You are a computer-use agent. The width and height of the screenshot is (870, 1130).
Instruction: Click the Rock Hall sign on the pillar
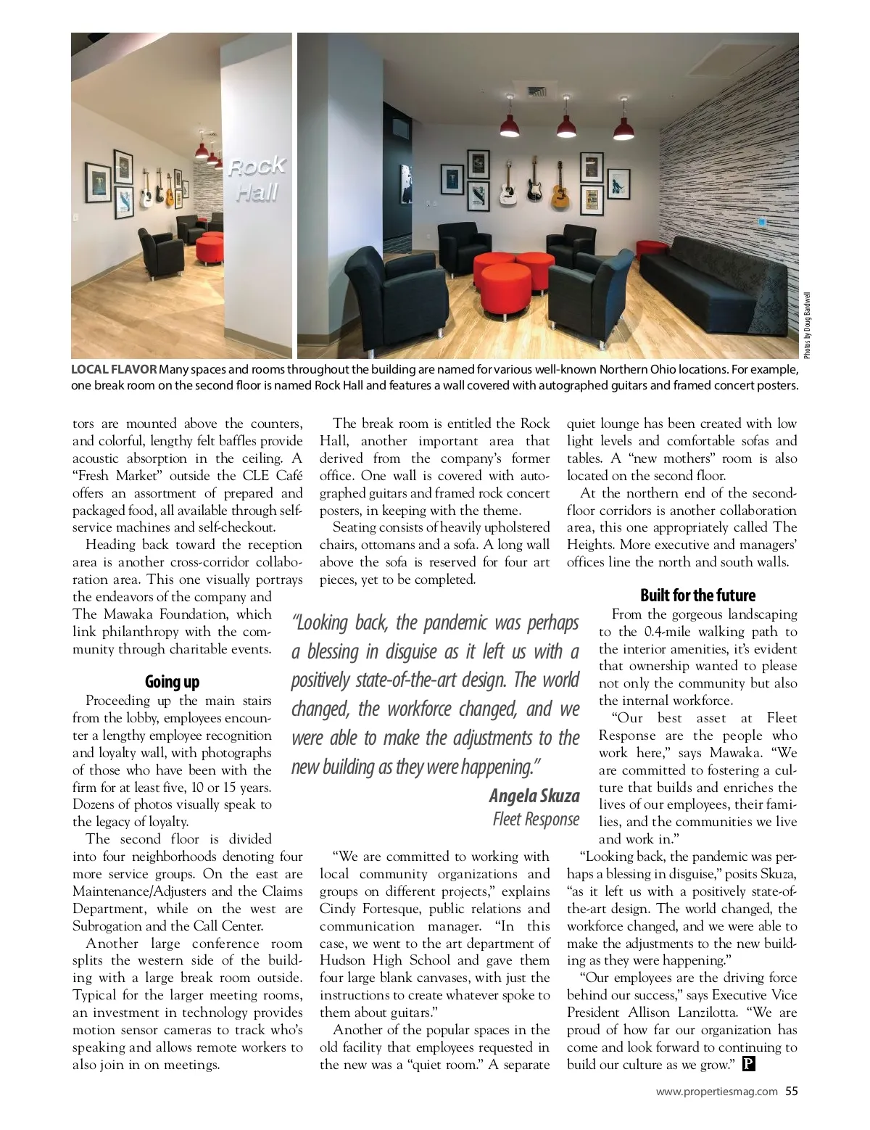(257, 179)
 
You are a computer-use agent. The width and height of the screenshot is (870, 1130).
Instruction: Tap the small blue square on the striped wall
(761, 223)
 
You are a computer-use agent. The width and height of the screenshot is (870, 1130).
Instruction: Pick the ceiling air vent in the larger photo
(536, 92)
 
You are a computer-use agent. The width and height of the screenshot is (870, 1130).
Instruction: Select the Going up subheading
(172, 682)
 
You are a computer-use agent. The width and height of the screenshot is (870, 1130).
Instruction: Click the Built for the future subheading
(697, 595)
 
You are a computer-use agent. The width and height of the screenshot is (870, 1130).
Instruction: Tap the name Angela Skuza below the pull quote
(534, 796)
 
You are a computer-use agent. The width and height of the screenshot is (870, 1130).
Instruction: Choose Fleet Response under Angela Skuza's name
(536, 819)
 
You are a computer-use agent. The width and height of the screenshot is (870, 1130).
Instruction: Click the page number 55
(792, 1091)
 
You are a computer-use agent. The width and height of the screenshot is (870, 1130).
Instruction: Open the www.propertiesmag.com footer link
(716, 1091)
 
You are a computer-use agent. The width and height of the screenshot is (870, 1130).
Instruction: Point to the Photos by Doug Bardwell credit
(806, 323)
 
